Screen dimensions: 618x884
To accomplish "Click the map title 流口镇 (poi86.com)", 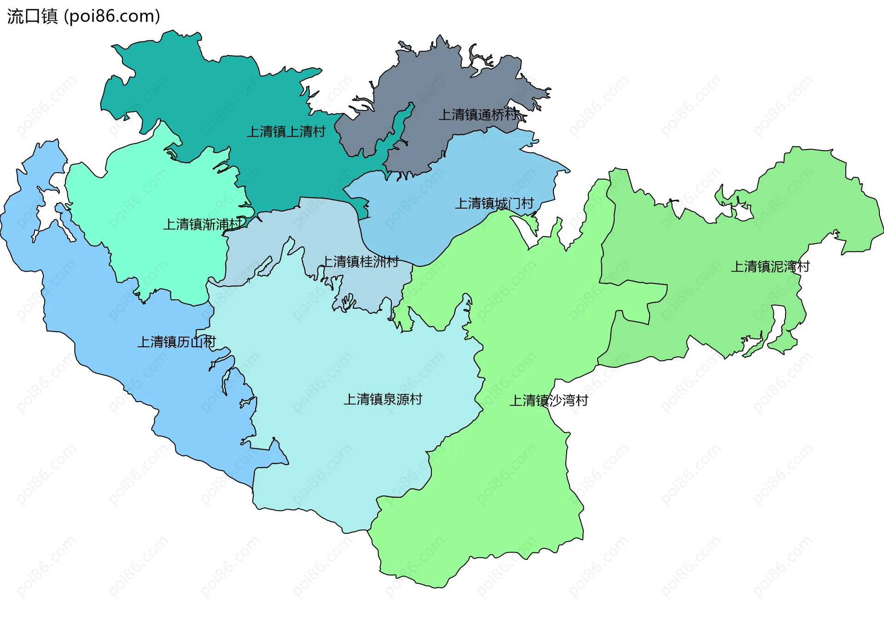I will point(83,16).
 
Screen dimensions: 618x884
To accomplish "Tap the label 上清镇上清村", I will point(286,132).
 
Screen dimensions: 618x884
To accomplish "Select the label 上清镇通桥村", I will point(477,115).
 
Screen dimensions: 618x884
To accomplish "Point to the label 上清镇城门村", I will point(494,203).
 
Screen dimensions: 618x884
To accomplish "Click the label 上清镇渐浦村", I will point(202,224).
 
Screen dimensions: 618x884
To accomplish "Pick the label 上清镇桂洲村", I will point(360,262).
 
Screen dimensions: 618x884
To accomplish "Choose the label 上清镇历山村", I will point(176,342).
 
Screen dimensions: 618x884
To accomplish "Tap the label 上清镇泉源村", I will point(383,399).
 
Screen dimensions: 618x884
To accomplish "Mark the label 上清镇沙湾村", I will point(548,400).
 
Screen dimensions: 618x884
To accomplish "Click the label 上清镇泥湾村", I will point(770,266).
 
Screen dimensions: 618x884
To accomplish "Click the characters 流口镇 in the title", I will point(32,16).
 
